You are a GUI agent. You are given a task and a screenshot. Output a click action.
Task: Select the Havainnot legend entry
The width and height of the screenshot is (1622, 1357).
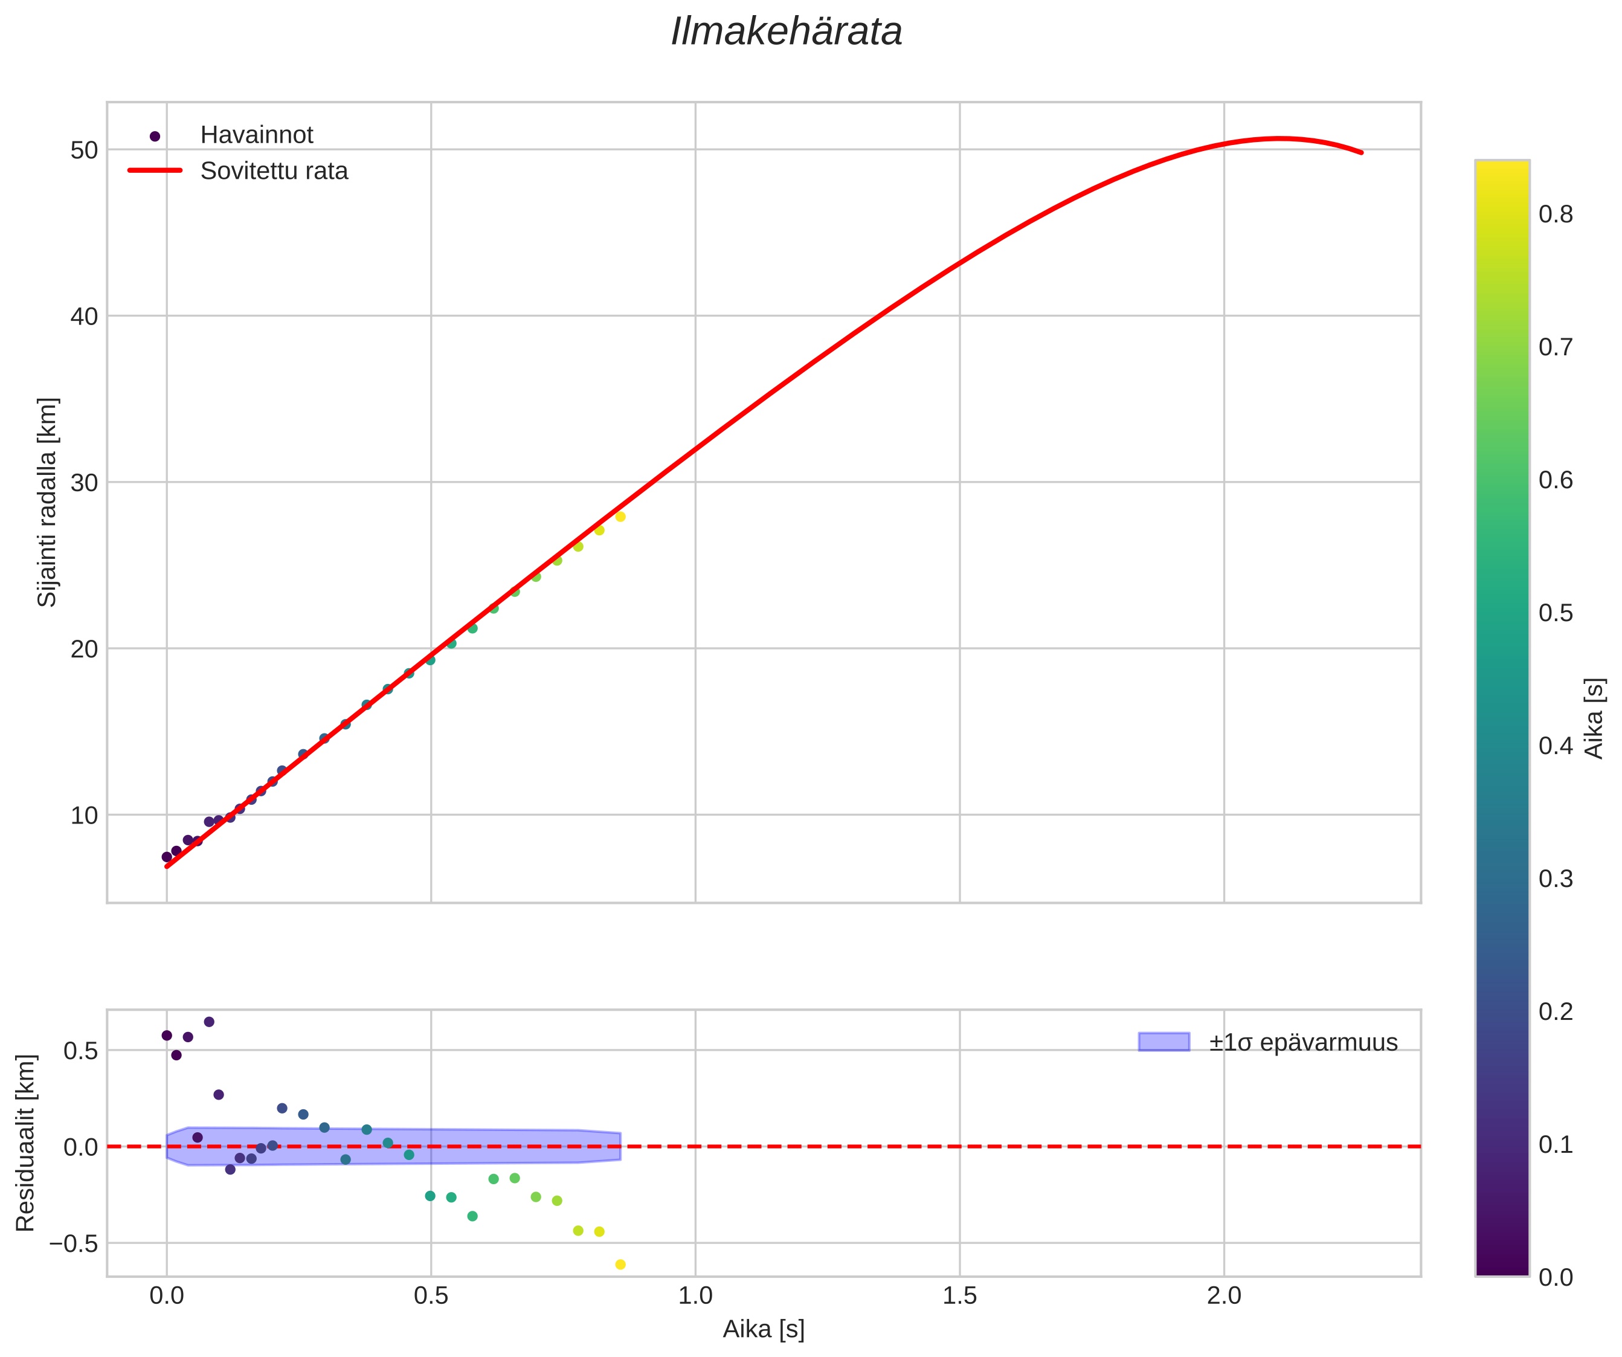[256, 135]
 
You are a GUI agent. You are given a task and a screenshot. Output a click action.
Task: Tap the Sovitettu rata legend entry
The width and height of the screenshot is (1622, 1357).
[274, 171]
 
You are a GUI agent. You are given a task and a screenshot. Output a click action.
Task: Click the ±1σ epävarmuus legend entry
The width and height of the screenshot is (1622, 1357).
[1303, 1043]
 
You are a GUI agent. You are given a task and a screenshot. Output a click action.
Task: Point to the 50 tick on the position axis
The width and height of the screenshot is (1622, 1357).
[84, 150]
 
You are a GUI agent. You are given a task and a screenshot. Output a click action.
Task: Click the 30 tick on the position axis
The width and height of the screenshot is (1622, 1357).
[84, 483]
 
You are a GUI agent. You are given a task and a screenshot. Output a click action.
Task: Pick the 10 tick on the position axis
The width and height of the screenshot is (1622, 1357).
[84, 816]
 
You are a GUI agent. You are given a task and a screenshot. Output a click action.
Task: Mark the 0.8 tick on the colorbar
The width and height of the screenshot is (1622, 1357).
[1556, 214]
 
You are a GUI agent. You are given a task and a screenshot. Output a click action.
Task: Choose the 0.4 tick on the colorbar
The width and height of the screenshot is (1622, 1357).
[1556, 746]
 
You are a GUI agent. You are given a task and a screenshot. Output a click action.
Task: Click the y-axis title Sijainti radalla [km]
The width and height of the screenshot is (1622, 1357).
[47, 502]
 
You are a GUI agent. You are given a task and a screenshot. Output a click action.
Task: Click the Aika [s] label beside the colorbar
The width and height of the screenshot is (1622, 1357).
[1594, 718]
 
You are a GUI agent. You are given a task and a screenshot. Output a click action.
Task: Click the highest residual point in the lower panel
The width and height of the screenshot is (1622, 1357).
[208, 1022]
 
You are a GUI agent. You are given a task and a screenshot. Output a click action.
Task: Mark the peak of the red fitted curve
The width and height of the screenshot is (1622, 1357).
[1279, 139]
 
